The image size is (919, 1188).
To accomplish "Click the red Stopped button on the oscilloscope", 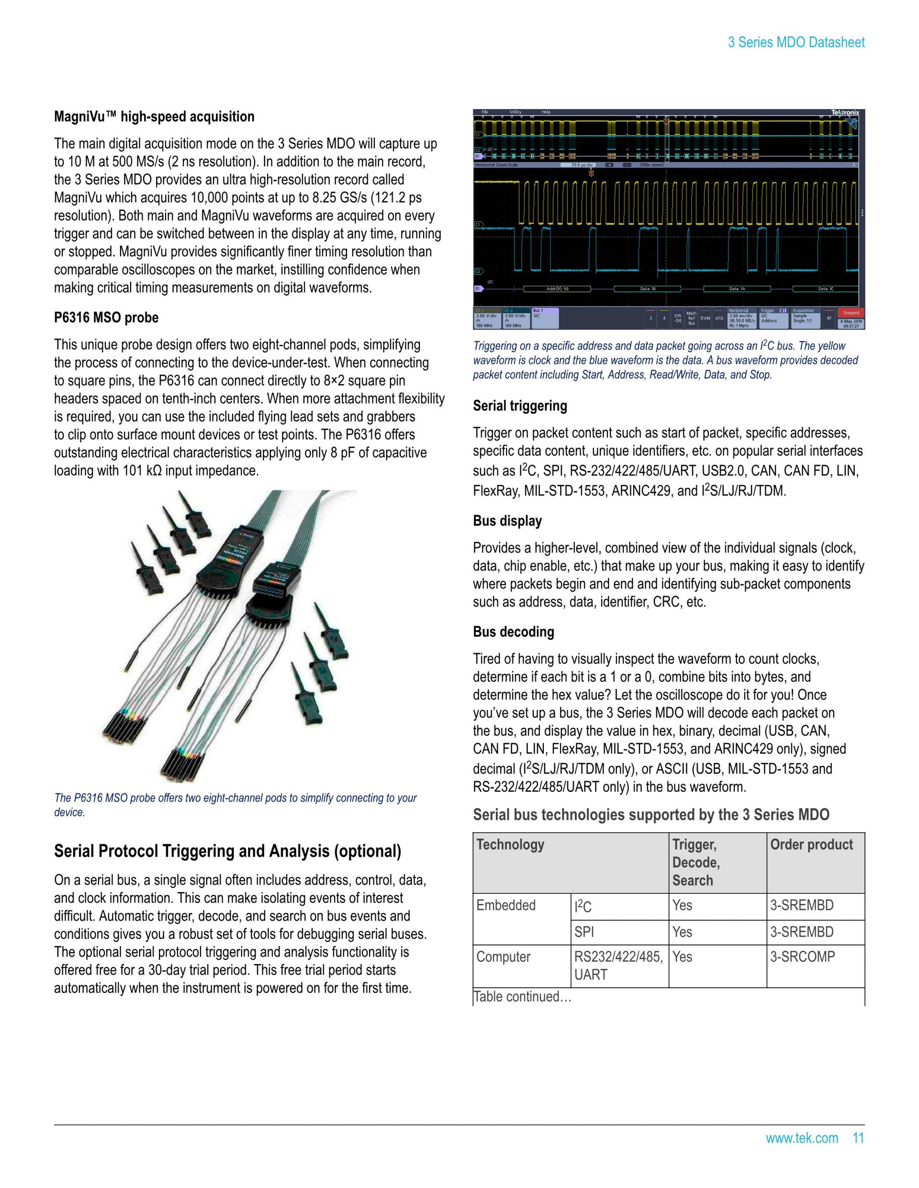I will pos(851,313).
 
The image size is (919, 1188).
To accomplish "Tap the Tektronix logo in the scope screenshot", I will pos(844,112).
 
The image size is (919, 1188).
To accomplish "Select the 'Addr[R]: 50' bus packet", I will pos(557,289).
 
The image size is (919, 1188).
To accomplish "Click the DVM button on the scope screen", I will pos(706,318).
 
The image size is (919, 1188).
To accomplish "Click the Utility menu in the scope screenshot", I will pos(515,112).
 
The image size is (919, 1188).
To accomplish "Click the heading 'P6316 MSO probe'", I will pos(106,318).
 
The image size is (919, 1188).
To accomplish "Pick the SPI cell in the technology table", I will pos(584,932).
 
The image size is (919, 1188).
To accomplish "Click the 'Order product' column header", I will pos(811,844).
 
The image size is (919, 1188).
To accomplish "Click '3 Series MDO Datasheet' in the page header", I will pos(796,43).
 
